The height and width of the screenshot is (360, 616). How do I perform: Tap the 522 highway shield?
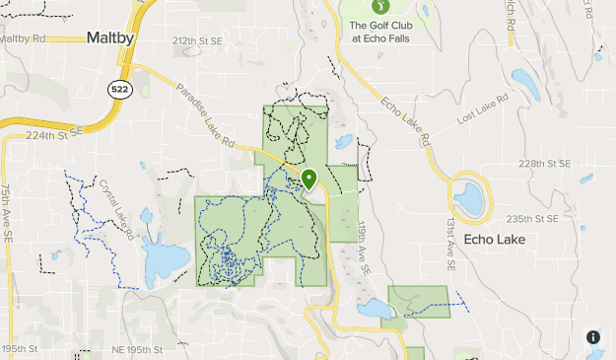119,90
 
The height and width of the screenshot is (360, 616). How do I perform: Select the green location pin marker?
309,180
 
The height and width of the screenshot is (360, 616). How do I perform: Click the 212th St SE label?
197,42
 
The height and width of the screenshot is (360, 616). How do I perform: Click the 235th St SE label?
533,218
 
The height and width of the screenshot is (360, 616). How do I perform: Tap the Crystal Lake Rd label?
115,203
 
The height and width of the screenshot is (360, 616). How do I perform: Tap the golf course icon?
357,6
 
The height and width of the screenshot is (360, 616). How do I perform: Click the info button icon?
593,337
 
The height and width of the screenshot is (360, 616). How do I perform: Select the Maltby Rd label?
24,38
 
